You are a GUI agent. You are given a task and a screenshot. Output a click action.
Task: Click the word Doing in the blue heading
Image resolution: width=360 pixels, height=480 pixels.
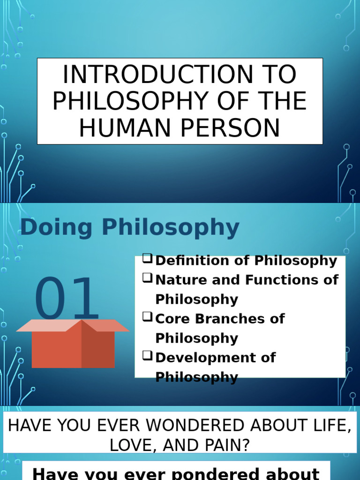point(49,228)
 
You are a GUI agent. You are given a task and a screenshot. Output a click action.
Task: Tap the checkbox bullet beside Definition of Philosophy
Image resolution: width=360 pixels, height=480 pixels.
point(147,259)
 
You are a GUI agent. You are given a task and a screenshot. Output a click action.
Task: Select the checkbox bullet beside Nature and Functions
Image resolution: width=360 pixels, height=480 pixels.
point(147,278)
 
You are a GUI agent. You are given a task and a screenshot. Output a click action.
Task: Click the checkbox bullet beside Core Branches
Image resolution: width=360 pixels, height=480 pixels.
point(147,317)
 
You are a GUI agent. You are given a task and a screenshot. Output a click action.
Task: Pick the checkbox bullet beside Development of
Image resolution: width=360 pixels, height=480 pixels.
point(147,356)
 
